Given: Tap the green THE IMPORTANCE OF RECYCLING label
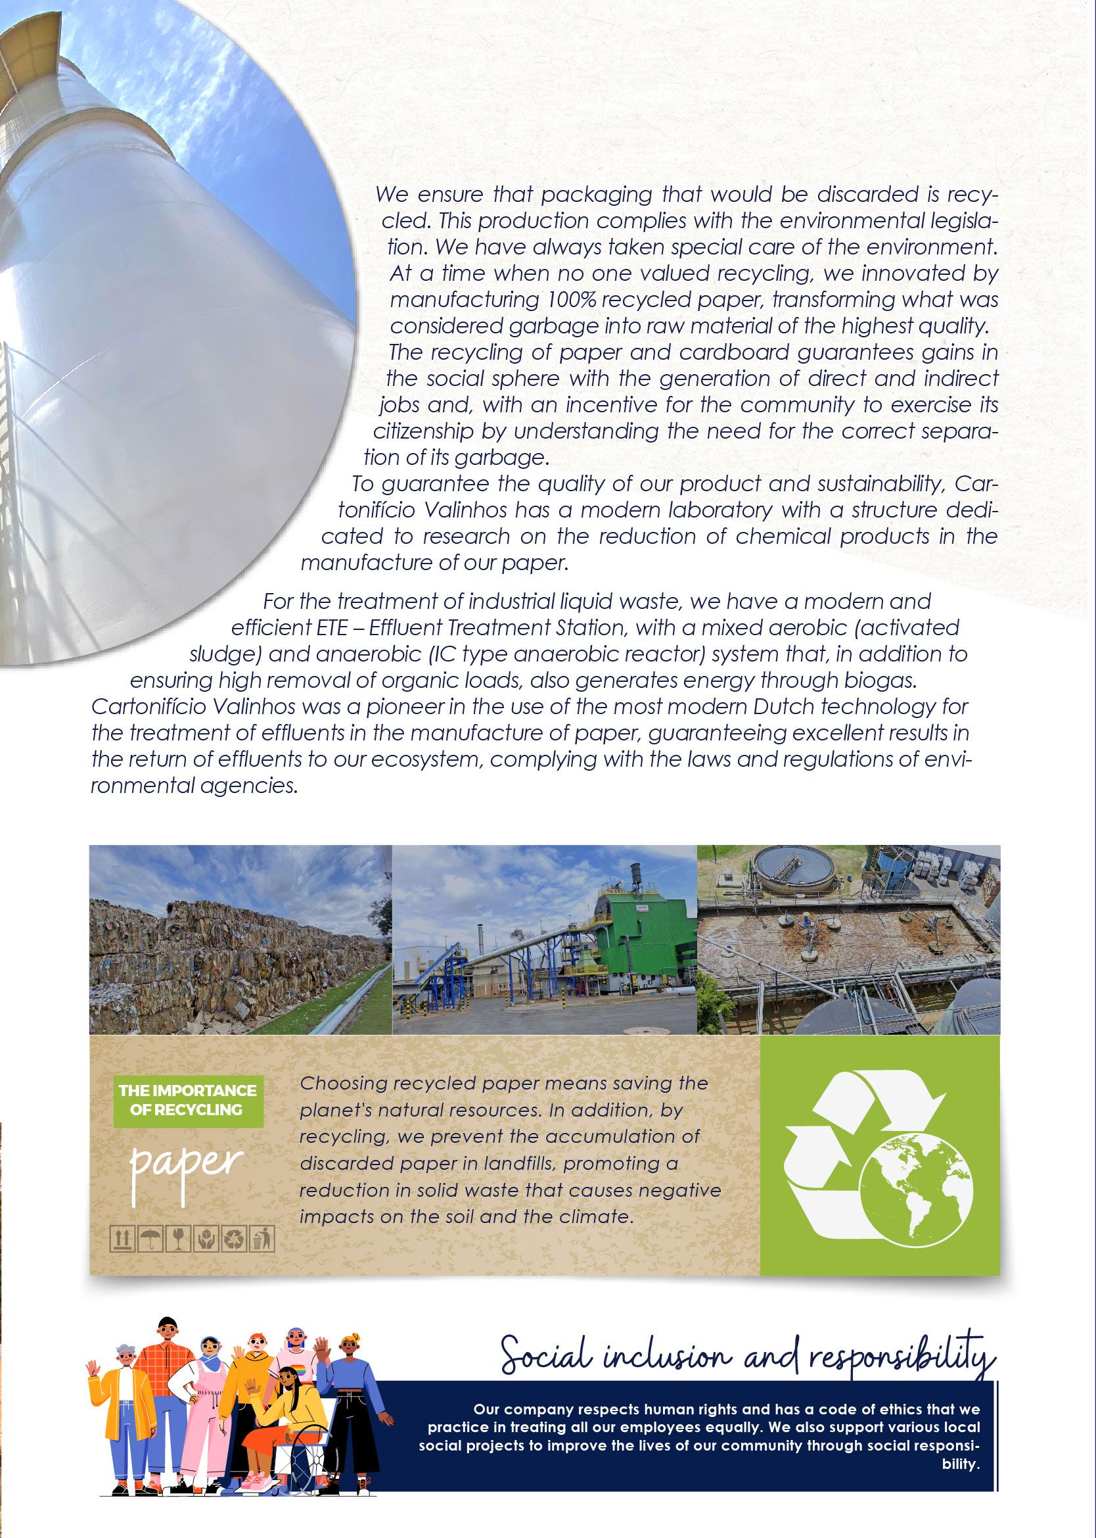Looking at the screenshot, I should click(x=187, y=1099).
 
